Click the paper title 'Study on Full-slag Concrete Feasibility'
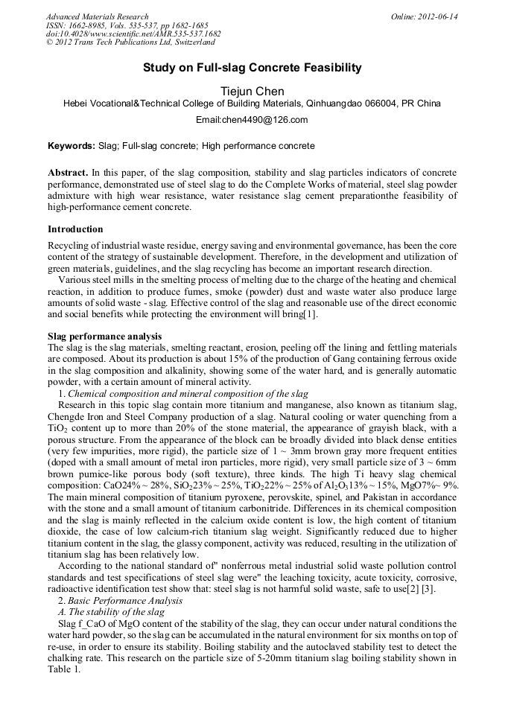coord(252,68)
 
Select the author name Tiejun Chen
coord(252,92)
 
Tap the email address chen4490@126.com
coord(252,120)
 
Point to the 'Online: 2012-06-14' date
coord(425,16)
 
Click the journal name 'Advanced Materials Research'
coord(97,16)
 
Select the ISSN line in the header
coord(127,25)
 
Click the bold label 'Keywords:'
coord(72,146)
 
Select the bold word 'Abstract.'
coord(69,172)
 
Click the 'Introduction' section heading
coord(75,229)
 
